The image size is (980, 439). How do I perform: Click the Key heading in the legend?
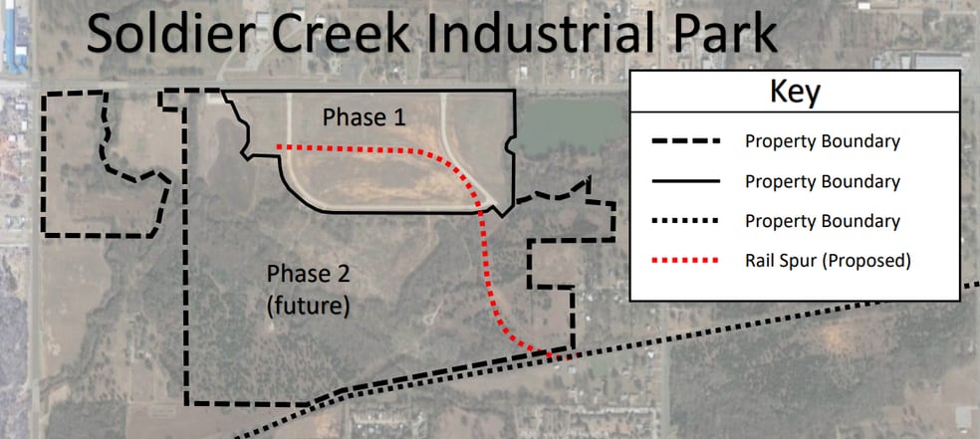pyautogui.click(x=794, y=94)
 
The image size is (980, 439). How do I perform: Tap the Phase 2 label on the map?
pyautogui.click(x=308, y=274)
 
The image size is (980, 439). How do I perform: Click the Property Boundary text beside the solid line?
pyautogui.click(x=823, y=182)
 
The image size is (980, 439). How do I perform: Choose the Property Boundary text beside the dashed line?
pyautogui.click(x=823, y=141)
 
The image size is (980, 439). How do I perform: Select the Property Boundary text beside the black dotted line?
pyautogui.click(x=823, y=222)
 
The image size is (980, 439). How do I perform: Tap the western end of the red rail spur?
pyautogui.click(x=278, y=147)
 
